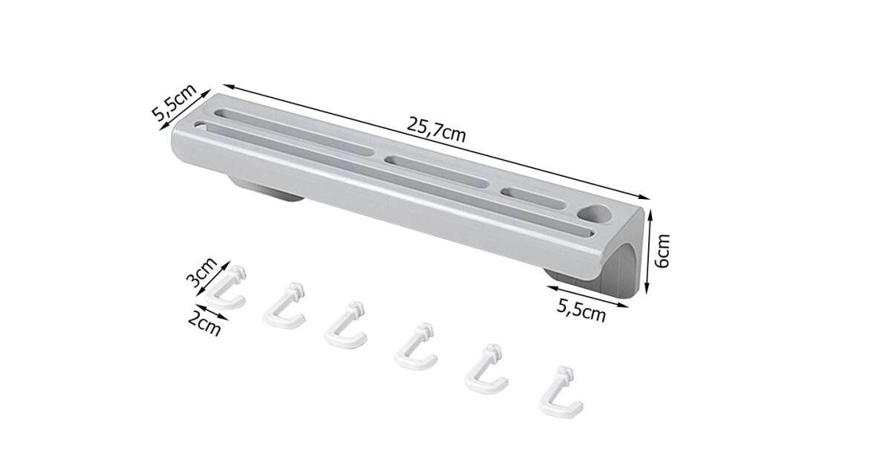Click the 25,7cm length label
[436, 129]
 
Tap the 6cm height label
[662, 251]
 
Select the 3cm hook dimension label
[202, 273]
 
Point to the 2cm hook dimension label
[204, 324]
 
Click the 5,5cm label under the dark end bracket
[581, 310]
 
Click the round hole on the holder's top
[593, 213]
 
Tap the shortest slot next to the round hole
[533, 198]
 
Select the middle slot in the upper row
[437, 172]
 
